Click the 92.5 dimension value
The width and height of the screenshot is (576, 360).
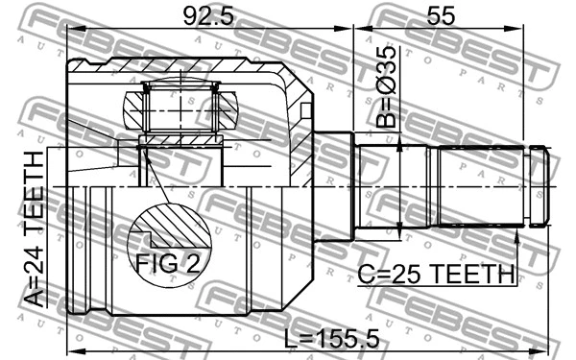pyautogui.click(x=207, y=16)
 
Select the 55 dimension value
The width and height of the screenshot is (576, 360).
pyautogui.click(x=440, y=16)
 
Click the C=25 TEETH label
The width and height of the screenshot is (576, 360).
pyautogui.click(x=436, y=275)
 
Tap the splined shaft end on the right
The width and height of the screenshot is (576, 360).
pyautogui.click(x=490, y=186)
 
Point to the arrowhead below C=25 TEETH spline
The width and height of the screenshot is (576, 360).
pyautogui.click(x=517, y=235)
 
